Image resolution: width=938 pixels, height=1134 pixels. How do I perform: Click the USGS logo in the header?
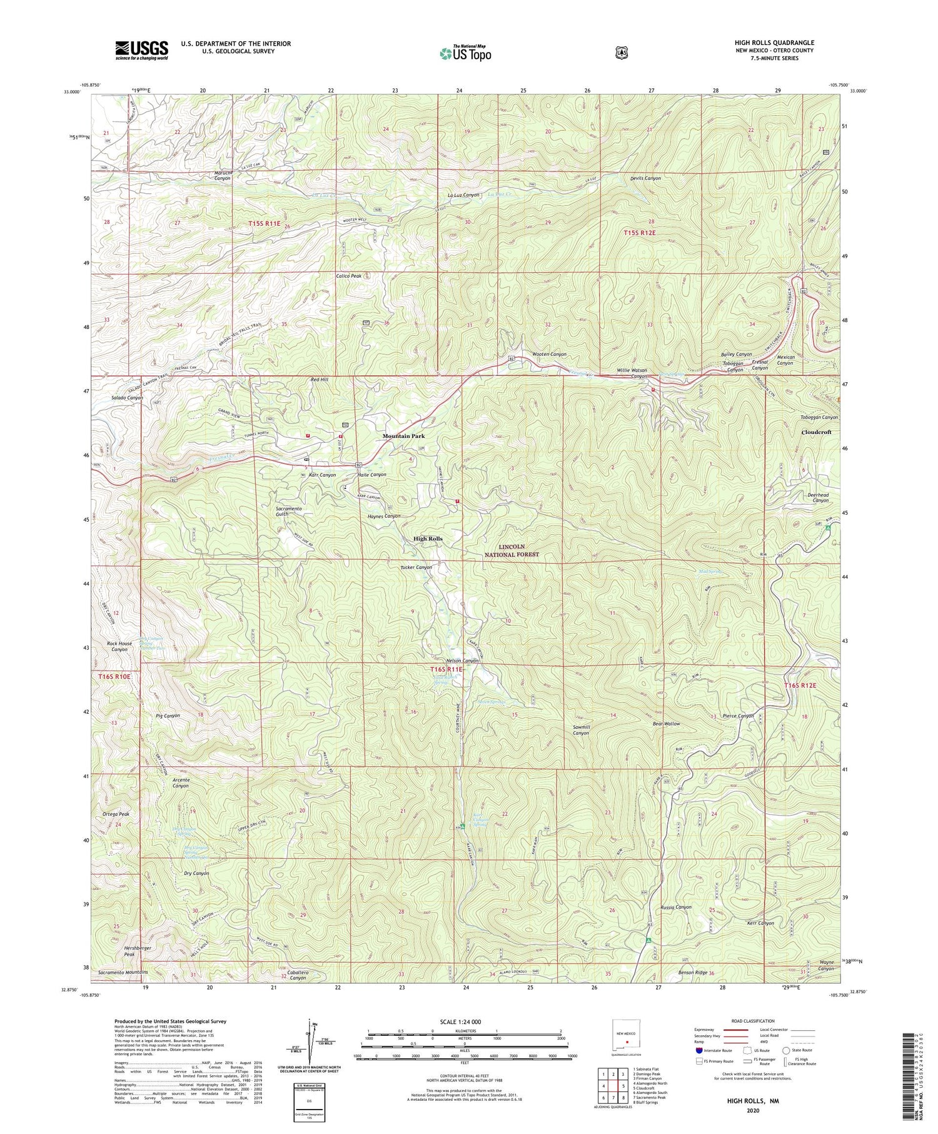pyautogui.click(x=141, y=50)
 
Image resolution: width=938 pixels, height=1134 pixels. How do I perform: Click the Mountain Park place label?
pyautogui.click(x=403, y=436)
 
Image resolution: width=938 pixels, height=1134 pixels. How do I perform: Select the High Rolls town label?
pyautogui.click(x=428, y=539)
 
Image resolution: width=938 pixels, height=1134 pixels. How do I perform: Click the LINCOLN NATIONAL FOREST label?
pyautogui.click(x=511, y=550)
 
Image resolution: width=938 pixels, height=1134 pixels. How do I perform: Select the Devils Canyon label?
pyautogui.click(x=644, y=178)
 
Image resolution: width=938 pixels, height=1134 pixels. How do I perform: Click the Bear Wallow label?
pyautogui.click(x=666, y=724)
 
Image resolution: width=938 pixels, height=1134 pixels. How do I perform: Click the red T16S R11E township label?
pyautogui.click(x=446, y=669)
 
